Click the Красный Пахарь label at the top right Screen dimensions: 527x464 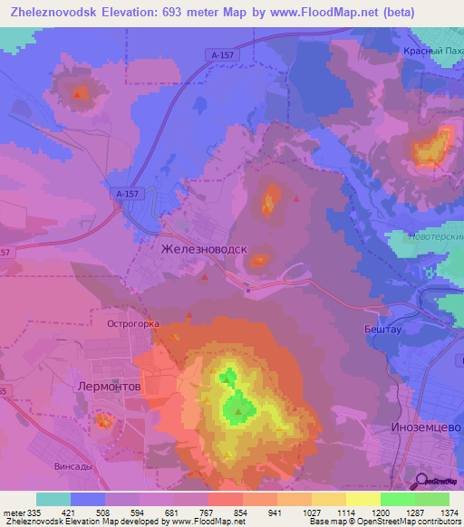click(x=432, y=52)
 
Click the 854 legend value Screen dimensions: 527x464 click(x=240, y=513)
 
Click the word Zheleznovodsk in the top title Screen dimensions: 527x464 click(x=56, y=14)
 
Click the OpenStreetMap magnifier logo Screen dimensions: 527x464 click(x=422, y=482)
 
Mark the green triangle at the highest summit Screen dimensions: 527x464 click(x=238, y=412)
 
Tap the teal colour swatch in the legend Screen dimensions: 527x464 click(x=53, y=499)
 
